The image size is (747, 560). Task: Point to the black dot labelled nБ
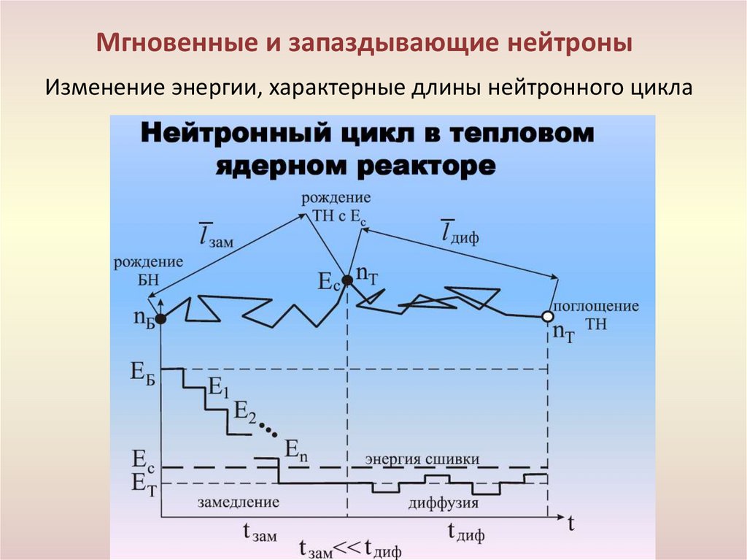(160, 318)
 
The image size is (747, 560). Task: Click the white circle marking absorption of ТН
(548, 317)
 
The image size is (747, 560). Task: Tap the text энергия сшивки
(422, 459)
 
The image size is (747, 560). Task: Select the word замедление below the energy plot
(239, 502)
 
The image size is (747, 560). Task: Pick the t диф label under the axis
(465, 532)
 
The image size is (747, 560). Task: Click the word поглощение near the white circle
(595, 306)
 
